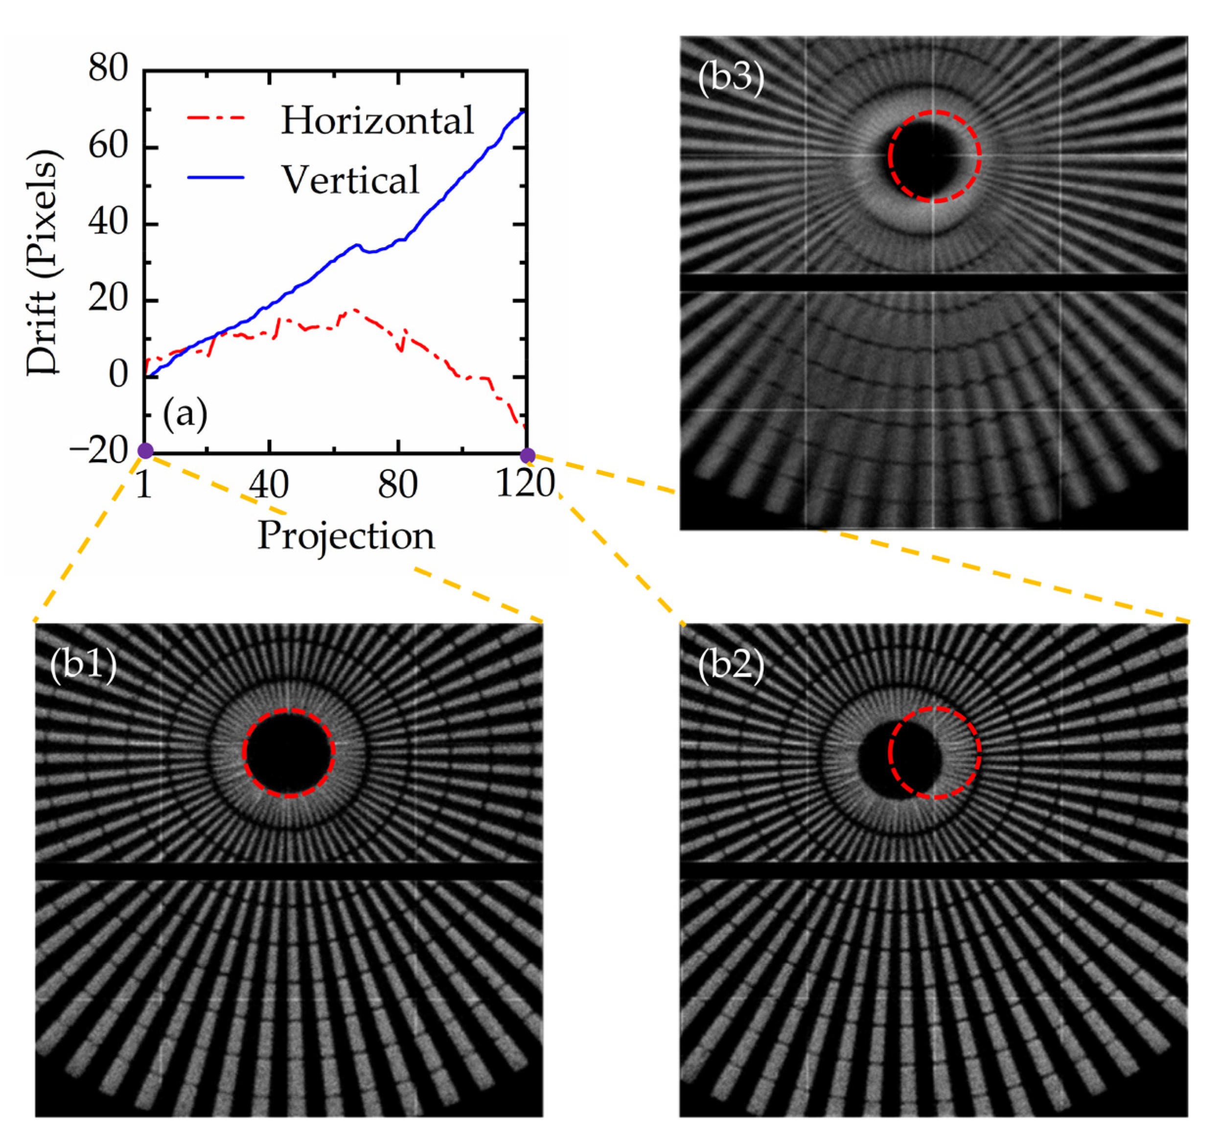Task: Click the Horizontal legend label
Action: tap(377, 120)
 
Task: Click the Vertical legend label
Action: tap(350, 179)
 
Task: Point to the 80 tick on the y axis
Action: tap(108, 68)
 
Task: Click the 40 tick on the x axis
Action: tap(269, 484)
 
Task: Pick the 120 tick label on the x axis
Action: tap(525, 484)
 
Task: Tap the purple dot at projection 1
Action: tap(145, 451)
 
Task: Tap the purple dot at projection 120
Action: tap(527, 455)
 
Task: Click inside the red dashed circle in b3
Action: tap(934, 157)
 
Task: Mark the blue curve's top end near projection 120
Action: tap(523, 112)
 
